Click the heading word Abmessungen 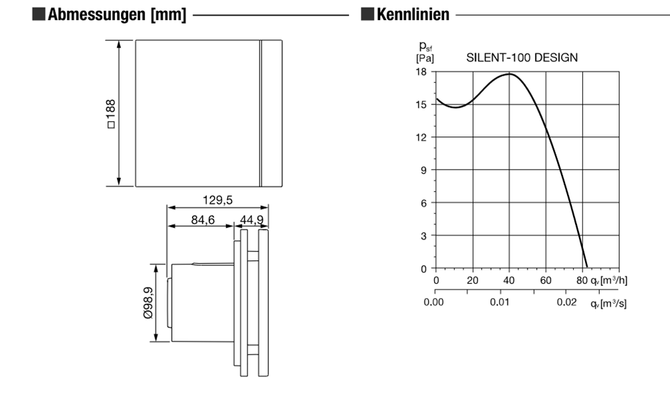coord(96,15)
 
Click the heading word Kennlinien coord(413,14)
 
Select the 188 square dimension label coord(111,113)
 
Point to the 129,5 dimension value coord(217,200)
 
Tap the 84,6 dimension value coord(203,220)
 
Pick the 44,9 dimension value coord(251,220)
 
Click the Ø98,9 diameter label coord(148,303)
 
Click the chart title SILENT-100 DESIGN coord(522,58)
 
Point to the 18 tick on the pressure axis coord(421,72)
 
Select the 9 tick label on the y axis coord(423,170)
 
